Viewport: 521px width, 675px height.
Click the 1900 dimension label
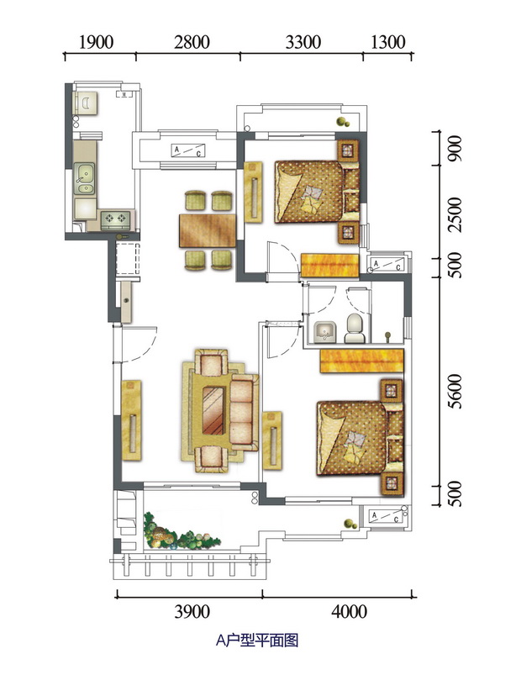click(x=97, y=42)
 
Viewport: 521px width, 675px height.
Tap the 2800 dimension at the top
click(x=192, y=42)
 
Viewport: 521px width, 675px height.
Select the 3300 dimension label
click(x=303, y=42)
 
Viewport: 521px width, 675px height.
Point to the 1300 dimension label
click(x=387, y=42)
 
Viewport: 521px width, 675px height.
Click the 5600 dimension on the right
click(x=455, y=392)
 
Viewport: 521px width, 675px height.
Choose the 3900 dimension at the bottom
click(x=192, y=611)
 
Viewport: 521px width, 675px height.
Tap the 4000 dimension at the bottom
click(x=349, y=611)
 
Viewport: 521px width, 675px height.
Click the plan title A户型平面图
click(x=257, y=641)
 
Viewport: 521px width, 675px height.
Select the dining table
click(x=208, y=230)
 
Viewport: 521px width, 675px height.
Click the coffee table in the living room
click(x=213, y=411)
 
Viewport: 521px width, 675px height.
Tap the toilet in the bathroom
click(x=355, y=328)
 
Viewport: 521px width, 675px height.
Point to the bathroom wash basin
click(x=325, y=332)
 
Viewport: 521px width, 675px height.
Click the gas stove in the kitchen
click(x=116, y=219)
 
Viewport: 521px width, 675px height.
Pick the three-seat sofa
click(x=242, y=413)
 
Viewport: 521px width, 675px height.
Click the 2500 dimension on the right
click(x=455, y=215)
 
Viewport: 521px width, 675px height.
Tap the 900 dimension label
click(x=455, y=149)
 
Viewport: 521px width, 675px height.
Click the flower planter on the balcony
click(x=181, y=533)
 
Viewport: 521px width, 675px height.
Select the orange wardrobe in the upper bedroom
click(x=329, y=266)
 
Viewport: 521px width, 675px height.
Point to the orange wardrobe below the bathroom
click(x=361, y=361)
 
